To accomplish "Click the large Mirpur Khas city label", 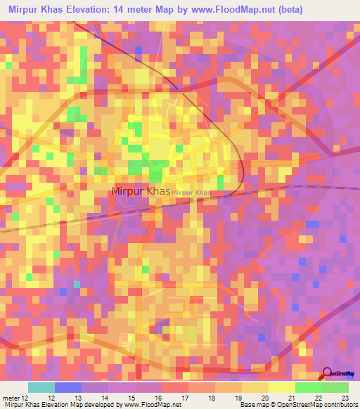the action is pos(141,190).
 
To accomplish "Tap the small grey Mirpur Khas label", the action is pos(191,193).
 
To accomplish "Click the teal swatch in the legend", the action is pos(41,387).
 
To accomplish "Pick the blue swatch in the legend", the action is pos(68,387).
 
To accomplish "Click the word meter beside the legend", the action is pos(12,398).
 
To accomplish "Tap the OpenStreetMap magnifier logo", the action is pos(328,373).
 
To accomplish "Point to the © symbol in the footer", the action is pos(274,405).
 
